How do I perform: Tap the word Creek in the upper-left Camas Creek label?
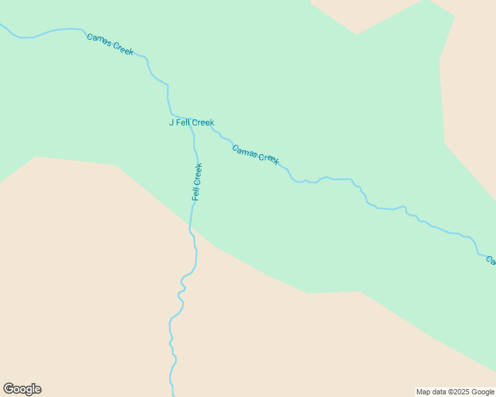[x=123, y=49]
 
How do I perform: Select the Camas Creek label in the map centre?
[x=255, y=154]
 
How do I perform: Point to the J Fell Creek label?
[x=191, y=122]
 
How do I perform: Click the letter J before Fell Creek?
[x=171, y=122]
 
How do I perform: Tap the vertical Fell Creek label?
[x=197, y=181]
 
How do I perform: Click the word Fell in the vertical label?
[x=196, y=193]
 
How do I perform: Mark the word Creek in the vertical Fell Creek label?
[x=198, y=173]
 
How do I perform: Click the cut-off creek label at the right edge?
[x=491, y=260]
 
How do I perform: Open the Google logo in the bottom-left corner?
[x=22, y=389]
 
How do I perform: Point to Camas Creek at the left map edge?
[x=2, y=26]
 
